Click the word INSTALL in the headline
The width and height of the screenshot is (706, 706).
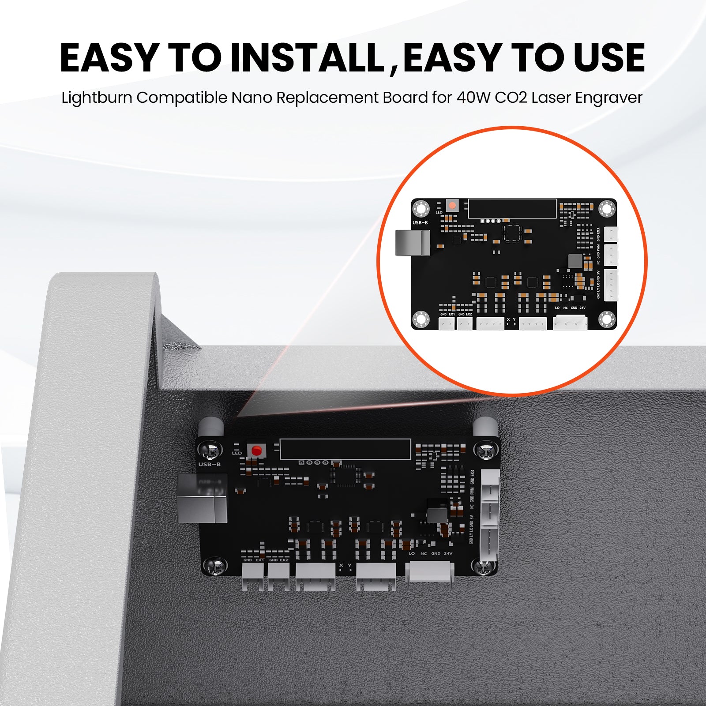click(x=308, y=58)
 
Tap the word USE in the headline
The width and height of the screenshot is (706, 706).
click(x=609, y=58)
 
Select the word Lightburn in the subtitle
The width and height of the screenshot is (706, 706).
click(x=97, y=98)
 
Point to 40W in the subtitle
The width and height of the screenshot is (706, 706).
click(x=473, y=98)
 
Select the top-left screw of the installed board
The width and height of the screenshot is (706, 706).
click(x=210, y=450)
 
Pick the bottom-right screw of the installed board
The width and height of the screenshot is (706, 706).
click(x=484, y=567)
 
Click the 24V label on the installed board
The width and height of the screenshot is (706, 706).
click(x=448, y=553)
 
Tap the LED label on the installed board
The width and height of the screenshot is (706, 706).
click(x=237, y=453)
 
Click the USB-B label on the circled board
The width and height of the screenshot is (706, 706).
click(x=420, y=222)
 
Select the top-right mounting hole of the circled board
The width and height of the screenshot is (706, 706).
click(x=607, y=208)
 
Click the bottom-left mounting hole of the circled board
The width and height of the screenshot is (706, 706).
click(x=421, y=319)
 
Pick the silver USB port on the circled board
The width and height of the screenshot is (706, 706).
click(x=413, y=243)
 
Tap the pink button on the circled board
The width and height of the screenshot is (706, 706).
click(x=452, y=205)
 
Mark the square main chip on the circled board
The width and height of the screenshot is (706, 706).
click(x=512, y=233)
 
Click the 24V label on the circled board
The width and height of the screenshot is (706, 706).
click(x=582, y=308)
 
